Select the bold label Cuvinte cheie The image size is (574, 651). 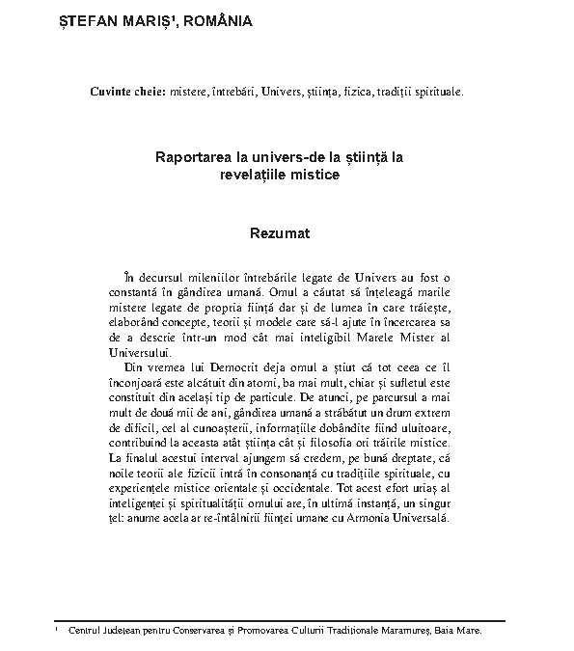126,93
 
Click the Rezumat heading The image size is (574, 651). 279,233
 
